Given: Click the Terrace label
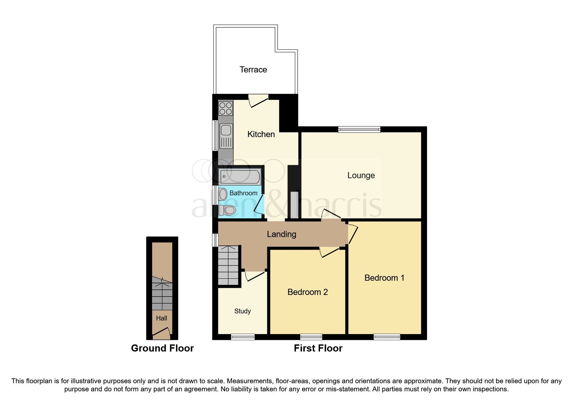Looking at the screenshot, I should pos(253,70).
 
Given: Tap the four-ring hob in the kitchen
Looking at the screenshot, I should pos(226,108).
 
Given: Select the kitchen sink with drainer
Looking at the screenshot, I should pos(226,136).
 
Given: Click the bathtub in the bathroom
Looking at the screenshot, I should pos(240,177).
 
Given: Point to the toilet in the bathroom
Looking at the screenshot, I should pos(227,210).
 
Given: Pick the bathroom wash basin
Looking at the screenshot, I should pos(223,194).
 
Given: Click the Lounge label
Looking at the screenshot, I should pos(361,175).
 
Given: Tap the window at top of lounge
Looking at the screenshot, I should pos(359,129).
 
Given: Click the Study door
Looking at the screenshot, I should pos(255,276).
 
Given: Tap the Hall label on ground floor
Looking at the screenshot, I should pos(161,318).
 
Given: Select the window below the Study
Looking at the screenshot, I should pos(243,337).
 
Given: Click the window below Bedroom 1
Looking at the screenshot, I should pos(387,337).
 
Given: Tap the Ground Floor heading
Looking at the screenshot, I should pos(162,348).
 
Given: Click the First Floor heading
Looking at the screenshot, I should pos(318,348).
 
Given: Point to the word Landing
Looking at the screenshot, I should pos(281,234).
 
